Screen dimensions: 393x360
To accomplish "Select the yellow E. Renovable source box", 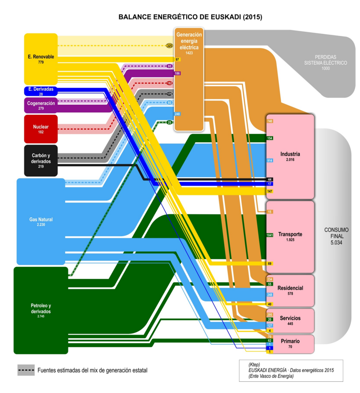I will pos(41,59).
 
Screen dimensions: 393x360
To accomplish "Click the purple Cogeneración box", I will pos(41,105).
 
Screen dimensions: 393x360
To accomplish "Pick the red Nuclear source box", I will pos(41,129).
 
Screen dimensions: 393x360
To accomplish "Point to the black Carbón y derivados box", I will pos(41,161).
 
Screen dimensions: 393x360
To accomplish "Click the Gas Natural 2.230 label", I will pos(41,222).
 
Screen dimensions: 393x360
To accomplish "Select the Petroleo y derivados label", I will pos(41,310).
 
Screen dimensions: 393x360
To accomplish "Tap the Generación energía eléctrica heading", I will pos(189,41).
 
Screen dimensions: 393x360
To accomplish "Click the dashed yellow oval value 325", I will pos(170,45).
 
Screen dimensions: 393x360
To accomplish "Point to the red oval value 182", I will pos(170,83).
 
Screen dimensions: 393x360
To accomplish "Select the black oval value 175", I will pos(170,94).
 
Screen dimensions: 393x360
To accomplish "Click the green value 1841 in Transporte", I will pos(270,235).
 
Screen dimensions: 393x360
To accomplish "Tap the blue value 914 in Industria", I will pos(270,160).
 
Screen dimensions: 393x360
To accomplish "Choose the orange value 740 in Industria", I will pos(270,121).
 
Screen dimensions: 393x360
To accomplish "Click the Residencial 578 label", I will pos(290,290).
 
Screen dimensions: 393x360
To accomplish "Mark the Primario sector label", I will pos(290,341).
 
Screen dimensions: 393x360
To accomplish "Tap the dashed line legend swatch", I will pos(26,370).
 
